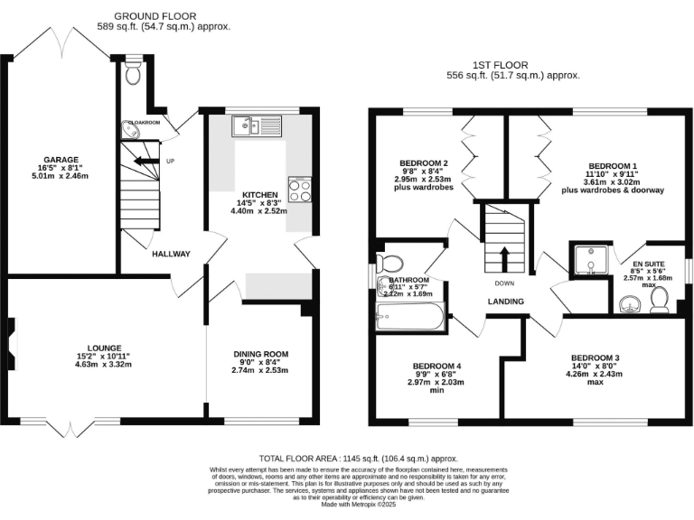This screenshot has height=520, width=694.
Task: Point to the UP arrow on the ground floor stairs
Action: pyautogui.click(x=142, y=162)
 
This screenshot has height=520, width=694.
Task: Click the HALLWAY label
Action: pyautogui.click(x=171, y=254)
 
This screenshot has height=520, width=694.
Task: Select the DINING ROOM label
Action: pyautogui.click(x=260, y=354)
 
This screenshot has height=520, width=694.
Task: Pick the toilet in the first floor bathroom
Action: pyautogui.click(x=390, y=264)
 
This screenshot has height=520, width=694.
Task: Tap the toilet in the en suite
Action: pyautogui.click(x=660, y=305)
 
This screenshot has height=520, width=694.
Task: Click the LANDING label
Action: pyautogui.click(x=505, y=302)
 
